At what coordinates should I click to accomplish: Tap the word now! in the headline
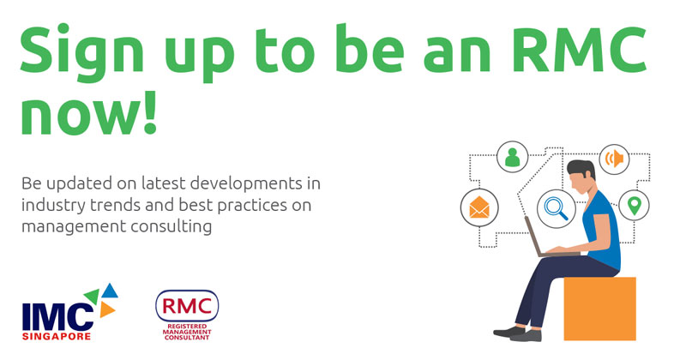(89, 112)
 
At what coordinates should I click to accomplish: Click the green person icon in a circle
(512, 157)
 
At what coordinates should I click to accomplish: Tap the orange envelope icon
(479, 207)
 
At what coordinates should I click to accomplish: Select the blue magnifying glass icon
(556, 208)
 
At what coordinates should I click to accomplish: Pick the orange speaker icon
(614, 159)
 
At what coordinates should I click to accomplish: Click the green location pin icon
(634, 205)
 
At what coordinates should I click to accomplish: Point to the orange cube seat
(599, 309)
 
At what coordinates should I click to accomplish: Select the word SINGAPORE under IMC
(57, 336)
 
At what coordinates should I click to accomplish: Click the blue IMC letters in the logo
(57, 317)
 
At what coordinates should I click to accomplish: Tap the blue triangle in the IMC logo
(110, 291)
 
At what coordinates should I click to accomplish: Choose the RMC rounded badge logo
(187, 306)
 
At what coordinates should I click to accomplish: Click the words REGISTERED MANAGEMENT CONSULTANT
(187, 332)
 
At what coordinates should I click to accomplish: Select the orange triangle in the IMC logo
(106, 309)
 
